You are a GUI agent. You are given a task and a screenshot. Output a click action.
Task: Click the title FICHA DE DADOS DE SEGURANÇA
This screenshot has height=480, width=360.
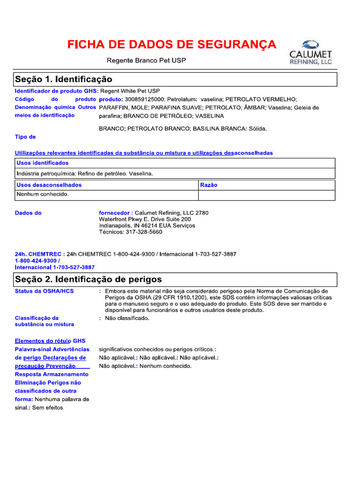[172, 45]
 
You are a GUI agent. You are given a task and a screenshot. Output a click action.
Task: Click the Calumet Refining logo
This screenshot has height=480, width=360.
[310, 52]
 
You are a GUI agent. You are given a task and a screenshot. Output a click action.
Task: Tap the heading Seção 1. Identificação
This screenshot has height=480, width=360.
[64, 79]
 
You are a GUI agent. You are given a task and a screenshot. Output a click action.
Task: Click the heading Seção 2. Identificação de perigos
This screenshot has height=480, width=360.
[89, 279]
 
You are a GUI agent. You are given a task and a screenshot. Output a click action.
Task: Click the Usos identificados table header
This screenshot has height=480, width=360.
[43, 163]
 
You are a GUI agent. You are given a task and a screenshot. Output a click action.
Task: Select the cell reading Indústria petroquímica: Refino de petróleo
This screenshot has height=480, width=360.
[85, 174]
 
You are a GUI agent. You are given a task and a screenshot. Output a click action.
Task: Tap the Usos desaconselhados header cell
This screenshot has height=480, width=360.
[49, 185]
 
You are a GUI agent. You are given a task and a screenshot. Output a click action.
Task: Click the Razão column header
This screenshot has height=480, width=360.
[209, 185]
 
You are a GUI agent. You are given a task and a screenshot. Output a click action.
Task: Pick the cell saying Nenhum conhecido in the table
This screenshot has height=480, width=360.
[43, 195]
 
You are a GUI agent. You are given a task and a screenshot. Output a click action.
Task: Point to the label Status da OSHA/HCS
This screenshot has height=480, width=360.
[45, 291]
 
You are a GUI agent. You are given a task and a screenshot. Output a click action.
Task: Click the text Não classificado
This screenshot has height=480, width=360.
[127, 318]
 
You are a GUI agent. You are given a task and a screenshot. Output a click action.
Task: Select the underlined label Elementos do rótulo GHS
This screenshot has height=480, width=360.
[50, 341]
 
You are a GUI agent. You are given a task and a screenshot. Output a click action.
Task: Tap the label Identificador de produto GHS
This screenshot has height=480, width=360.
[56, 91]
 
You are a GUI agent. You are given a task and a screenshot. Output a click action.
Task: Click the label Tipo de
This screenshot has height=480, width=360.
[25, 137]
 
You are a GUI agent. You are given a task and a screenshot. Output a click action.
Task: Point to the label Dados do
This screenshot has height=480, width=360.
[28, 213]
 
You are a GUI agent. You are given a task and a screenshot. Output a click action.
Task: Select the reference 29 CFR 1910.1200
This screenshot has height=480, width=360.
[178, 298]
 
